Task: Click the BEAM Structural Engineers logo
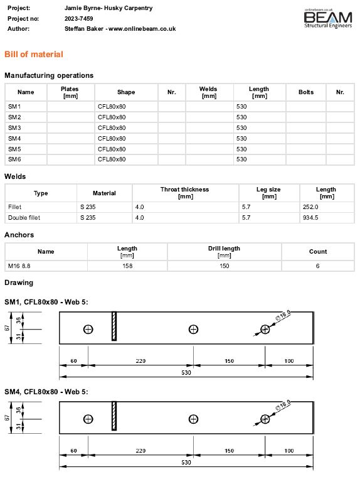[328, 19]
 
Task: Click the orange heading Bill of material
[34, 55]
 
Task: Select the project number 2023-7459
[79, 19]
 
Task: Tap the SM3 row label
[14, 127]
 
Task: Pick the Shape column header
[126, 92]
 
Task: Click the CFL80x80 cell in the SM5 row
[112, 149]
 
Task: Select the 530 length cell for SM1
[241, 106]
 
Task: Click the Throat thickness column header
[185, 193]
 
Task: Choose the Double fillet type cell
[24, 217]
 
